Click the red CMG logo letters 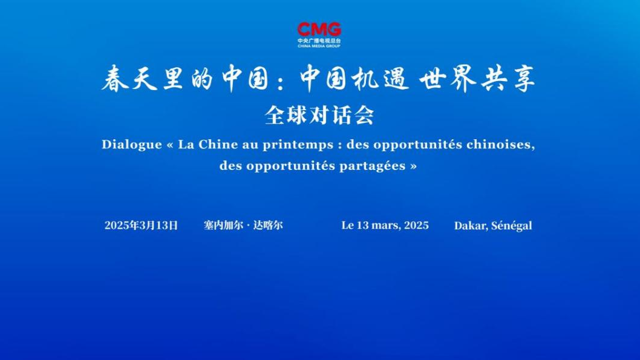[x=319, y=30]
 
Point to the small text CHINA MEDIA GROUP [x=319, y=46]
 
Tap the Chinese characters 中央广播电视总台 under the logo [x=319, y=41]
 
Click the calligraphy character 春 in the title [x=115, y=78]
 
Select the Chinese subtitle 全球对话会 [x=319, y=116]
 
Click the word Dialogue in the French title [x=132, y=145]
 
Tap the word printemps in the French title [x=298, y=145]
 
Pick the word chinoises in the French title [x=501, y=145]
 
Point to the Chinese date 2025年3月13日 [x=141, y=225]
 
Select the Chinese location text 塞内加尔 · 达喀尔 [x=243, y=225]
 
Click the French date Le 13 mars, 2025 [x=385, y=225]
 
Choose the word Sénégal [x=512, y=226]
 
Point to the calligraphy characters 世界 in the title [x=448, y=78]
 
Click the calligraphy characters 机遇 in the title [x=381, y=78]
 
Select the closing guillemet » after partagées [x=414, y=166]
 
